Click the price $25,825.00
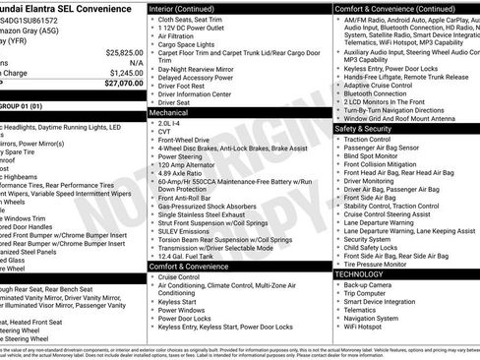[x=124, y=52]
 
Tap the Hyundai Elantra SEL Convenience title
[x=54, y=8]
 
